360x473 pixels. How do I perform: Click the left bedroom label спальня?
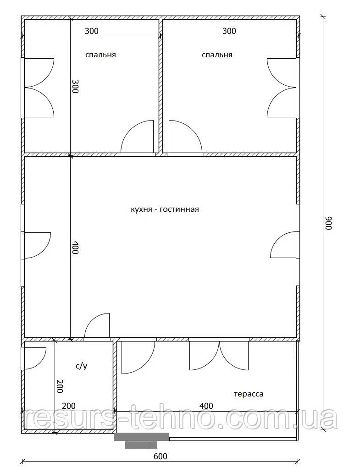(x=100, y=55)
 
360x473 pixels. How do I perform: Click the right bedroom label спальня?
(x=217, y=55)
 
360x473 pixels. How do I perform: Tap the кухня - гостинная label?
(x=165, y=209)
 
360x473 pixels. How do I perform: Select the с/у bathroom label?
(x=81, y=367)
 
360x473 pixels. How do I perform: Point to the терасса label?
(x=249, y=394)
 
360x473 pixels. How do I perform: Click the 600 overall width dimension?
(x=160, y=456)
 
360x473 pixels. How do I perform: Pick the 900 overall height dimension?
(x=328, y=223)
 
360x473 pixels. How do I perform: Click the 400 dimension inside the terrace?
(x=206, y=406)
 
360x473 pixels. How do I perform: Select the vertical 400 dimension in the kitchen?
(x=75, y=247)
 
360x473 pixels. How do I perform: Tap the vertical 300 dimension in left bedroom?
(x=75, y=87)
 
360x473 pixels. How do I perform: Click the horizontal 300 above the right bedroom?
(x=229, y=31)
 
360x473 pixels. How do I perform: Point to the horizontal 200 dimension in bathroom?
(x=69, y=406)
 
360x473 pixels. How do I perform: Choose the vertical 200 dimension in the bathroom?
(x=60, y=386)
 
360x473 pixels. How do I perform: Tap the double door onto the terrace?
(x=219, y=356)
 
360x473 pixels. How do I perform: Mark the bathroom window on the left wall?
(x=22, y=359)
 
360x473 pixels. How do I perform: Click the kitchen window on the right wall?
(x=298, y=245)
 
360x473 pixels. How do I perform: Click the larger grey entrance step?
(x=141, y=436)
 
